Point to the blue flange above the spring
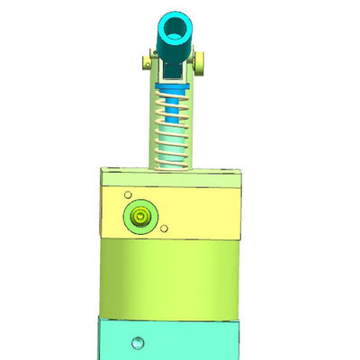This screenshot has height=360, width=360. point(171,87)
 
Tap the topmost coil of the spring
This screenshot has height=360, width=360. point(171,95)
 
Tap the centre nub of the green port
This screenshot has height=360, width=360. point(140,217)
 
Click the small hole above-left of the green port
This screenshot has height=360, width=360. point(129,194)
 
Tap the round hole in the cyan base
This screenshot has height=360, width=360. point(136,343)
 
